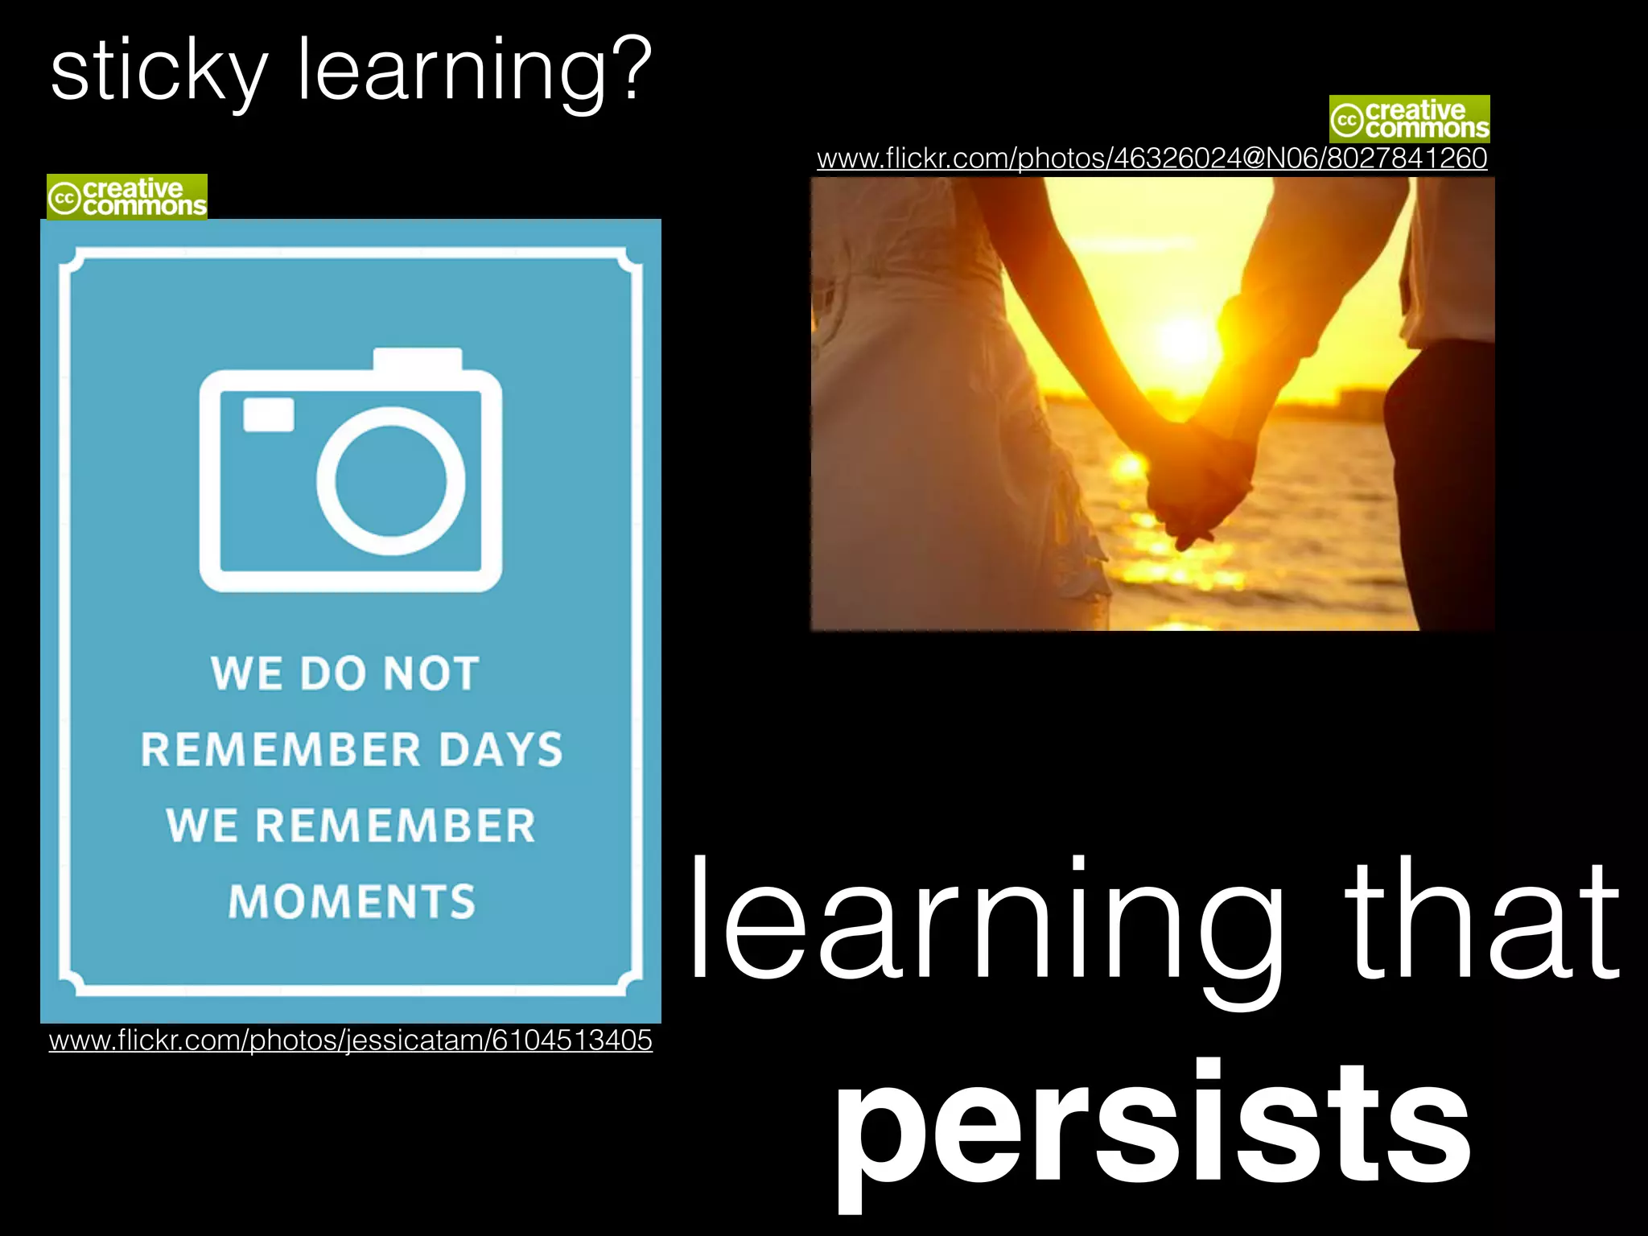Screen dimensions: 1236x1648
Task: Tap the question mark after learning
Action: tap(627, 68)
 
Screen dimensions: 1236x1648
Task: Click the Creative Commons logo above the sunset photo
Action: tap(1409, 119)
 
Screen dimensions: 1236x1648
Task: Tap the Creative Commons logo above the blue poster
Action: tap(127, 197)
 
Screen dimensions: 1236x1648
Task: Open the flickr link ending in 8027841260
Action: tap(1152, 158)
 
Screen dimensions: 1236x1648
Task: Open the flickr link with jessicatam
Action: tap(350, 1040)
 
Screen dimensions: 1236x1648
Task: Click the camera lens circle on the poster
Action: tap(390, 481)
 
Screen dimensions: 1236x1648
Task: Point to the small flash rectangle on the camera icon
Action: tap(269, 414)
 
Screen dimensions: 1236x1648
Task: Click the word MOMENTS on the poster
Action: tap(352, 901)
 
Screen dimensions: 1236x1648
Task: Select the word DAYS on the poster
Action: tap(500, 750)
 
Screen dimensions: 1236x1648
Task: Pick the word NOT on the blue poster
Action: tap(431, 674)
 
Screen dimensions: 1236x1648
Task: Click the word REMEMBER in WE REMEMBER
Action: tap(395, 826)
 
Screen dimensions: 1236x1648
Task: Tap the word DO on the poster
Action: tap(333, 674)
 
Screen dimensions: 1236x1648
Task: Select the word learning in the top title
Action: tap(451, 72)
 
